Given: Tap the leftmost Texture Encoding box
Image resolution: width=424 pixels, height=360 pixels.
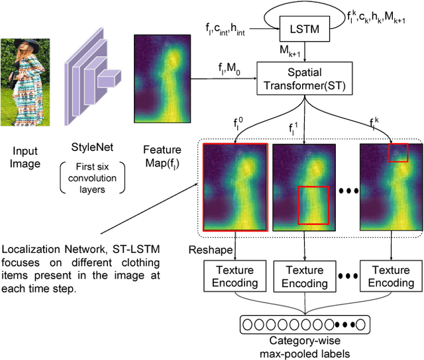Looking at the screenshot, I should click(236, 276).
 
